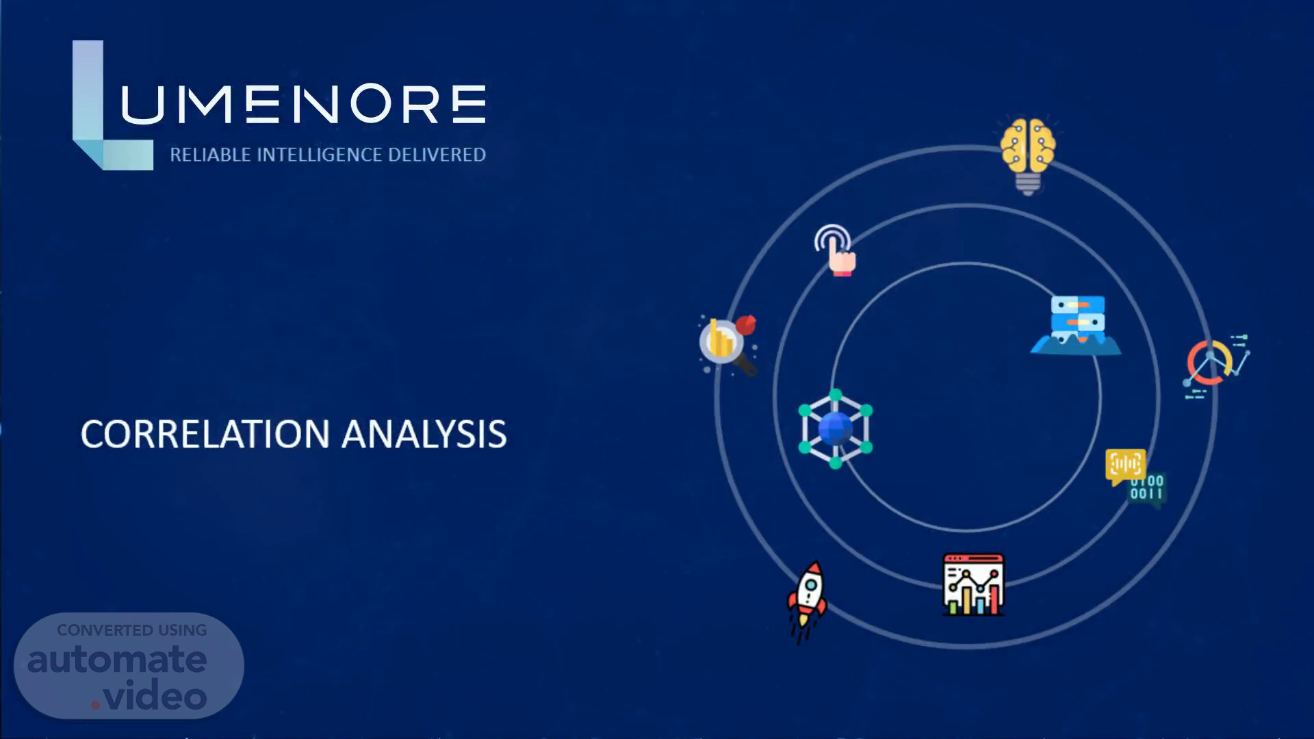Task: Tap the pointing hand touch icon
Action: tap(836, 250)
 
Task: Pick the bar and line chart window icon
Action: tap(973, 584)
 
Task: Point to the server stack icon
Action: tap(1076, 325)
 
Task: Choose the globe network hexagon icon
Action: tap(836, 429)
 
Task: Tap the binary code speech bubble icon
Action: tap(1135, 478)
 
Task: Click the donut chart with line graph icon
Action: tap(1217, 366)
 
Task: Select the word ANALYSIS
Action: tap(424, 435)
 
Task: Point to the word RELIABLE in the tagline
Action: tap(210, 155)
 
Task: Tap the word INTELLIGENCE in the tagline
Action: tap(319, 155)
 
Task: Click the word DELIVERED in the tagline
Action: tap(437, 155)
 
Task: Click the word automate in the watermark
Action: tap(117, 660)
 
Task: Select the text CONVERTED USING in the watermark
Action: tap(132, 630)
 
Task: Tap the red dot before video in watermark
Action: tap(96, 704)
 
